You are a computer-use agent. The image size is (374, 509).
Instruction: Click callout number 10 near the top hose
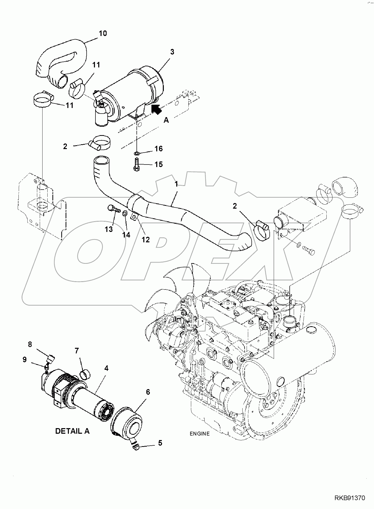[x=103, y=33]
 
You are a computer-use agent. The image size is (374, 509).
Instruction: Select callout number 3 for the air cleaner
[x=172, y=52]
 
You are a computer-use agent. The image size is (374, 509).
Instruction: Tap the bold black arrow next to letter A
[x=156, y=109]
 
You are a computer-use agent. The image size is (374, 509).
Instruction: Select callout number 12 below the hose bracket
[x=146, y=240]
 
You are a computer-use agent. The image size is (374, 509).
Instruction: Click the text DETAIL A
[x=72, y=431]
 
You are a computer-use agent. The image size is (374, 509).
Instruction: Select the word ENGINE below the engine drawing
[x=200, y=434]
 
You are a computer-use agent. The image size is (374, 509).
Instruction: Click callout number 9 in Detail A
[x=25, y=360]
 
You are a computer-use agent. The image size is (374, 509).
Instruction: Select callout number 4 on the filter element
[x=106, y=368]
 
